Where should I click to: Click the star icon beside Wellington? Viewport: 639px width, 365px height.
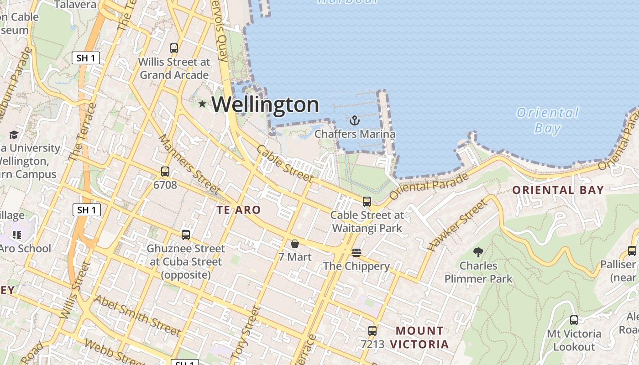(202, 104)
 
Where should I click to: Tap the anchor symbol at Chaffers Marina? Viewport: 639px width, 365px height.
(354, 120)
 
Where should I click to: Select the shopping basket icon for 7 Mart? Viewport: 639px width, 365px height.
(295, 244)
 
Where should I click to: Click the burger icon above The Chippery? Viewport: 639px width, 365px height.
(356, 252)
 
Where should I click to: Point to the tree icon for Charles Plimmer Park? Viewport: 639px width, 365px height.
(478, 251)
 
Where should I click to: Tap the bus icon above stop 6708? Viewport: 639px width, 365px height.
(165, 172)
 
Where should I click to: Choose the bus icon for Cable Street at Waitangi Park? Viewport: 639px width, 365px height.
(367, 201)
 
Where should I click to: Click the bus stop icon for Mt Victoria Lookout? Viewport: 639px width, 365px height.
(574, 320)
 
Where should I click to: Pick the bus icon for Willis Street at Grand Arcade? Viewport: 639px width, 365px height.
(174, 48)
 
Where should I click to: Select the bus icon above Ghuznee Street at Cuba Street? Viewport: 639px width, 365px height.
(186, 235)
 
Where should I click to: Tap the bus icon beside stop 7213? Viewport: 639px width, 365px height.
(372, 331)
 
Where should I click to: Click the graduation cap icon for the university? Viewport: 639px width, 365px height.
(14, 135)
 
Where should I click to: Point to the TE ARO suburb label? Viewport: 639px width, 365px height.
(238, 210)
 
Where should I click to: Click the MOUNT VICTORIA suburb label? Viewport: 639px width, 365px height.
(419, 337)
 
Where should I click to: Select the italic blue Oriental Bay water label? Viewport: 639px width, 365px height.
(548, 120)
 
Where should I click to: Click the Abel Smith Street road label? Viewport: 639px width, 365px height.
(137, 314)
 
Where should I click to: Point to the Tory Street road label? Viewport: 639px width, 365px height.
(246, 332)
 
